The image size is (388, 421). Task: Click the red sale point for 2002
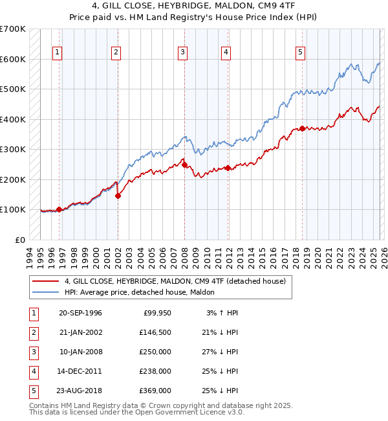118,196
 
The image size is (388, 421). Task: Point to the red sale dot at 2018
302,128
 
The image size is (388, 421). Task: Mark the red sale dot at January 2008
184,165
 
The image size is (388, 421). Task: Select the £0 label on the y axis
19,240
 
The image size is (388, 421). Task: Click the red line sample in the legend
46,281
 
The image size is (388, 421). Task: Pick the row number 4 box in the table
34,371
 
